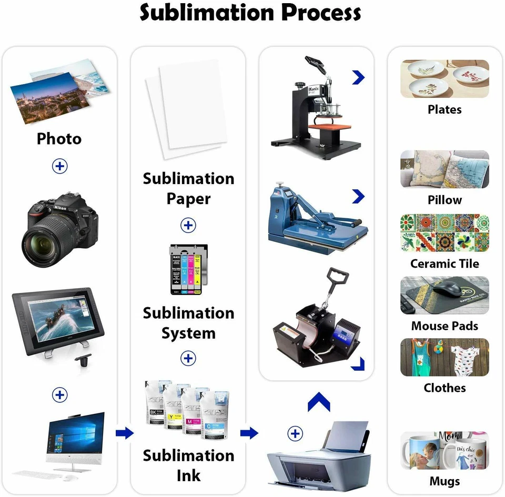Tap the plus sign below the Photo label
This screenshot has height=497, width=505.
coord(60,166)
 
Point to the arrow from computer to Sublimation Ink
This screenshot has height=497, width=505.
coord(125,433)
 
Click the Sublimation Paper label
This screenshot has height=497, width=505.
coord(188,188)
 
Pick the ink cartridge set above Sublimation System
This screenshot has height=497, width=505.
coord(188,269)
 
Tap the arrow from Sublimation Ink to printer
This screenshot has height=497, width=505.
coord(249,433)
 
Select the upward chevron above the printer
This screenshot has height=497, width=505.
coord(319,402)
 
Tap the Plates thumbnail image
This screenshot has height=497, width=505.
coord(445,78)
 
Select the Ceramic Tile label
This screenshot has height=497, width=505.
coord(445,263)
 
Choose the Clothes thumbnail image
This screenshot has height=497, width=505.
coord(445,357)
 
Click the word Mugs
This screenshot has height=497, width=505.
coord(445,481)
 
